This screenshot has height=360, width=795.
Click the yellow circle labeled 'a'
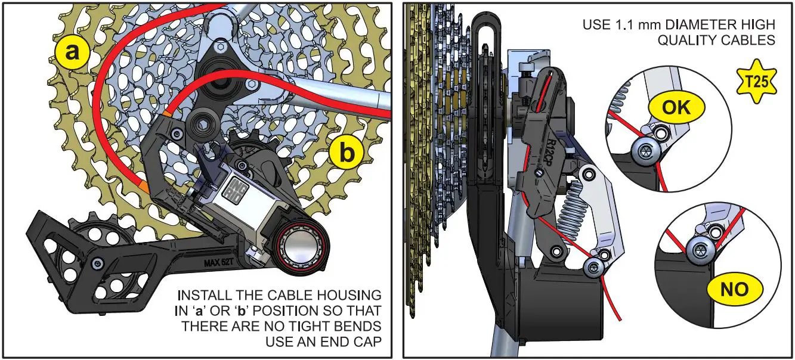point(72,52)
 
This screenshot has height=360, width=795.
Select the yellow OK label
point(676,107)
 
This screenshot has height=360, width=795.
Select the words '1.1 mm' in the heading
point(626,25)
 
